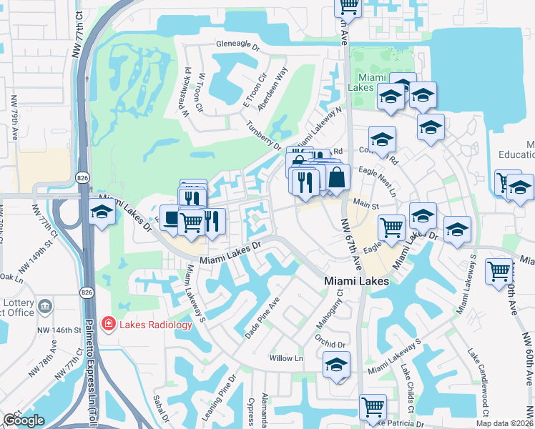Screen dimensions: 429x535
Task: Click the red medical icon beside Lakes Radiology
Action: [108, 325]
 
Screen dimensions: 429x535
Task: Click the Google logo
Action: [23, 420]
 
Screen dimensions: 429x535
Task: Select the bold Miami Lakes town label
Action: [357, 281]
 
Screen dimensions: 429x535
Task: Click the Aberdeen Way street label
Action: [272, 87]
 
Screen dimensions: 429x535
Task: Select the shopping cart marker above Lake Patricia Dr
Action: [373, 408]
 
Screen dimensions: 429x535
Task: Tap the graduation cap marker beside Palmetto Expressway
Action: [102, 213]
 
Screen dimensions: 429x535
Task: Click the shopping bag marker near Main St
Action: [337, 177]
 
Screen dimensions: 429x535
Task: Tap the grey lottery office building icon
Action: [45, 306]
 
